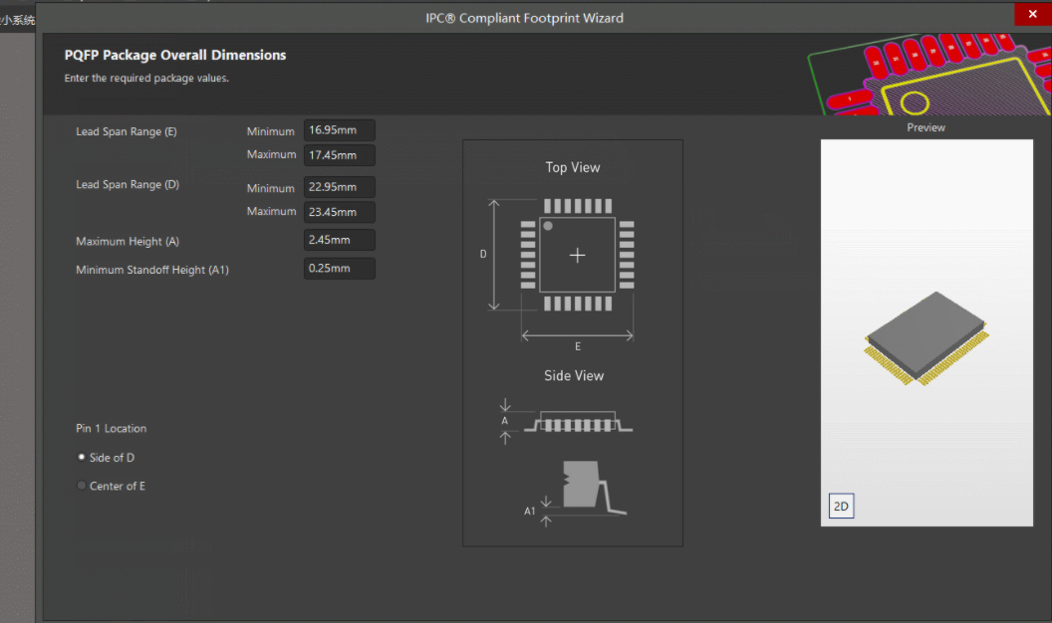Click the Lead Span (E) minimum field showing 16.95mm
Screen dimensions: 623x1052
339,130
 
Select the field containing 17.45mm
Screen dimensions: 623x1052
339,154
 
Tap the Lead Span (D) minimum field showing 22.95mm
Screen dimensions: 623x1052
339,187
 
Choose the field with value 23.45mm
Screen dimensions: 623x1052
339,211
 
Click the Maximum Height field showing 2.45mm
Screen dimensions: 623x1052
339,240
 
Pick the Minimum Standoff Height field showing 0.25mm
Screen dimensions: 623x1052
339,269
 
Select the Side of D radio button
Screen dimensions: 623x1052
82,457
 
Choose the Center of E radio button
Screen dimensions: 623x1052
82,486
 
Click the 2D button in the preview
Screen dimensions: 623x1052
841,506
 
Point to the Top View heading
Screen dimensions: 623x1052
573,167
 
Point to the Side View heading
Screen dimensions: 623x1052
574,375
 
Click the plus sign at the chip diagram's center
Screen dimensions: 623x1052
577,255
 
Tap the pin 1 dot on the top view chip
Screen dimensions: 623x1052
548,227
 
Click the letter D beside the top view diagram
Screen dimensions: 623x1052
483,254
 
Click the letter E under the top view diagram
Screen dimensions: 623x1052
578,346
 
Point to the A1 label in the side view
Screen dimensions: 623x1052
530,511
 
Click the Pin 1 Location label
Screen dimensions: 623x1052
111,428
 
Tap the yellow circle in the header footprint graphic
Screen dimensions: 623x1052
914,103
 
